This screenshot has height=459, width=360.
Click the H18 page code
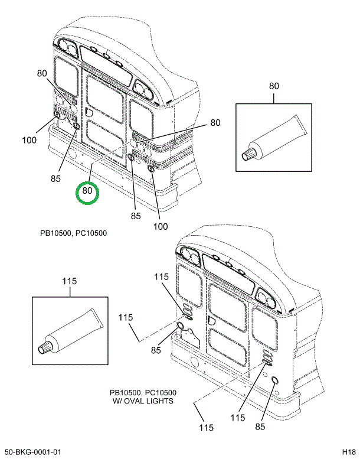(x=349, y=452)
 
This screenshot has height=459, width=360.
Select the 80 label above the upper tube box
(x=274, y=86)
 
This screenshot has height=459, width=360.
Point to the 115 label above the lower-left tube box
(x=69, y=281)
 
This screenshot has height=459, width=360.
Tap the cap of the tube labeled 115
(x=45, y=347)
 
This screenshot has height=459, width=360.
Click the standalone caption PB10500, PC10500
(x=73, y=233)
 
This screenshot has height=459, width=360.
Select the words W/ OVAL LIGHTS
(x=143, y=401)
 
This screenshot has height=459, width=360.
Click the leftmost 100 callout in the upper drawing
(x=30, y=140)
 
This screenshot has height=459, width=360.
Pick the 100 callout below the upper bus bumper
(x=161, y=226)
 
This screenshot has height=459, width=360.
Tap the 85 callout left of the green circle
(x=55, y=178)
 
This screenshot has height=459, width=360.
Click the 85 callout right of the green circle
(x=136, y=216)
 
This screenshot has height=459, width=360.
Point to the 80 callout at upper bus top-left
(x=42, y=73)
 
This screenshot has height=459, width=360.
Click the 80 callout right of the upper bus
(x=215, y=122)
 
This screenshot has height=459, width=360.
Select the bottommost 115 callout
(x=207, y=428)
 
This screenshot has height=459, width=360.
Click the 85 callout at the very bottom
(x=260, y=427)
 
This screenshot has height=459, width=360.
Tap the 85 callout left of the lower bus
(x=156, y=350)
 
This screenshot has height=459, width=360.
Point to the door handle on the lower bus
(x=211, y=320)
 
